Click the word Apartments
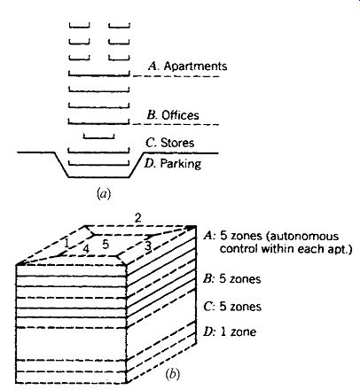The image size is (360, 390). point(195,66)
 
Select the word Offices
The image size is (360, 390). point(180,115)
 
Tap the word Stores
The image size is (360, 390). point(177,143)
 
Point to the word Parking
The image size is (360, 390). point(181,164)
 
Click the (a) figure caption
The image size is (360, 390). point(104,194)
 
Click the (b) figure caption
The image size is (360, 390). point(173,374)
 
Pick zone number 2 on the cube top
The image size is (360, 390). point(137,218)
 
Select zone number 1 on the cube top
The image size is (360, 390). point(67,243)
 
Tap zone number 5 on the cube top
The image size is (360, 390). point(106,245)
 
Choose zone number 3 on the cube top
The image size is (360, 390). point(148,246)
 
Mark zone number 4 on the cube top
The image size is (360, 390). point(86,249)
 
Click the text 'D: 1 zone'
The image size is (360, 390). point(230,331)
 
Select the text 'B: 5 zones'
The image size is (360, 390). point(232,279)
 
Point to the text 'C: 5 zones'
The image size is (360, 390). point(232,307)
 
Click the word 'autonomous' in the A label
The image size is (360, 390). point(304,237)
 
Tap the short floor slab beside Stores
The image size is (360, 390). point(99,136)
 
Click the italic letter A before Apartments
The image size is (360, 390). point(153,66)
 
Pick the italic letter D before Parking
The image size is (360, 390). point(149,163)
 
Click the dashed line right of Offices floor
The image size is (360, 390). point(176,124)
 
